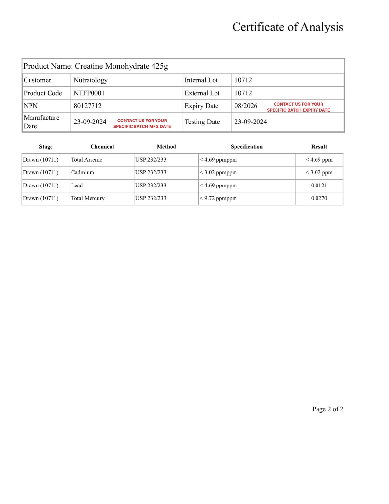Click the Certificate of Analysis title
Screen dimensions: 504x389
click(288, 27)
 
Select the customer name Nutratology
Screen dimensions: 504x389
click(91, 80)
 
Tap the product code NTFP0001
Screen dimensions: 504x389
click(89, 93)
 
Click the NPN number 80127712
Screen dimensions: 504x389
click(88, 106)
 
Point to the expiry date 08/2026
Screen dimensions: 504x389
click(246, 106)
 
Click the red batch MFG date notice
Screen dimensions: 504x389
click(142, 123)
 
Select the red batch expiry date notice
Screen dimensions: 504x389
click(298, 107)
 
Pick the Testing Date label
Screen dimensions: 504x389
click(202, 122)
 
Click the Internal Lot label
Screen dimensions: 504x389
click(201, 80)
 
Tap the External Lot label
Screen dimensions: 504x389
click(202, 93)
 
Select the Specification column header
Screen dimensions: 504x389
click(247, 147)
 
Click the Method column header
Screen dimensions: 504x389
click(166, 147)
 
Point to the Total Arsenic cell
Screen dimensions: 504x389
click(87, 160)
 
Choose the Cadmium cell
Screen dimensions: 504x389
click(83, 172)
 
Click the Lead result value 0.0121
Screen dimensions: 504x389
click(319, 185)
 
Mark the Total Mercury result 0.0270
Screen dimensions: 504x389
click(319, 198)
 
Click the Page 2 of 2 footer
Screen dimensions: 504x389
click(328, 409)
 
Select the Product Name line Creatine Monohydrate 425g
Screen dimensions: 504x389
click(95, 66)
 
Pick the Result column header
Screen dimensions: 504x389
click(319, 147)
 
